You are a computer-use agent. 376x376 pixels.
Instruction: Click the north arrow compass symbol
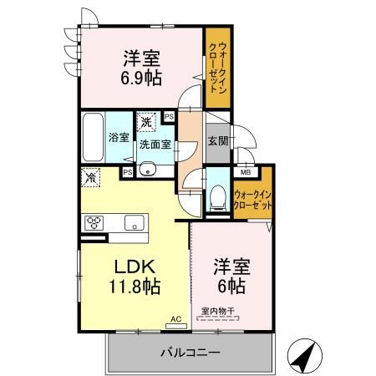(305, 356)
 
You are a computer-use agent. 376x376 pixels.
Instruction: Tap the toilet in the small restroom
(217, 198)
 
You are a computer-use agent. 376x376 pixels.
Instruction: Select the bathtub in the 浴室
(93, 137)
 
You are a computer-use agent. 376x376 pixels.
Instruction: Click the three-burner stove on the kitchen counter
(94, 223)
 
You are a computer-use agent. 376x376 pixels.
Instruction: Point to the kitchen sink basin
(135, 222)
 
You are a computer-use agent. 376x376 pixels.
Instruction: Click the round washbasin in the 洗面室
(147, 169)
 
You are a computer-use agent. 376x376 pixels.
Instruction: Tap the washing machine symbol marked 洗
(146, 122)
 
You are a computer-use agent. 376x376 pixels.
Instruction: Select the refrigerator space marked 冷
(90, 177)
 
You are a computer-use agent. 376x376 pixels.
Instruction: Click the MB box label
(246, 172)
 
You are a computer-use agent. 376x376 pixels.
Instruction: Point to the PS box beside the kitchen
(128, 172)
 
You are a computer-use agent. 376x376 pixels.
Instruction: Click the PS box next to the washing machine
(169, 117)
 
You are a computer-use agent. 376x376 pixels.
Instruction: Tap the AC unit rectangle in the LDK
(176, 326)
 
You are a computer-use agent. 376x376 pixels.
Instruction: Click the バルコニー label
(191, 353)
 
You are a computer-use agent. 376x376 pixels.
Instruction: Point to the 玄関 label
(218, 141)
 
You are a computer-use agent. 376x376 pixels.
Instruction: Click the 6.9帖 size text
(141, 78)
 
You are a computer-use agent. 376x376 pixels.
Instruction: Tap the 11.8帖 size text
(135, 287)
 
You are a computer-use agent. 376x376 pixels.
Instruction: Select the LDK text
(135, 267)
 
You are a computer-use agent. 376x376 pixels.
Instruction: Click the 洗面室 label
(155, 145)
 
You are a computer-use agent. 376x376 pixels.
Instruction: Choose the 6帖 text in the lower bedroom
(231, 286)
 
